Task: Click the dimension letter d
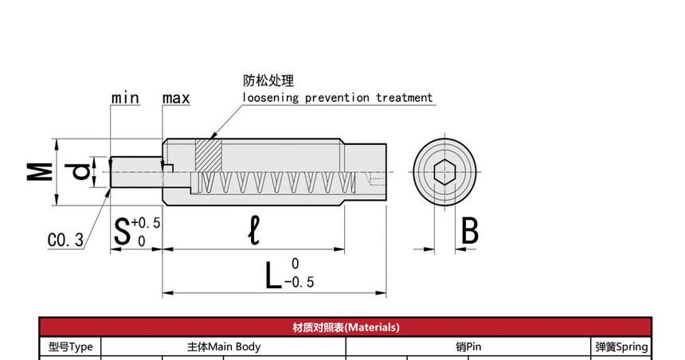(x=80, y=171)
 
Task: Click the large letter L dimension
(x=273, y=274)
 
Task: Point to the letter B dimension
(x=470, y=231)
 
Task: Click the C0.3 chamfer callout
(x=65, y=240)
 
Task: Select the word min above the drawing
(x=125, y=98)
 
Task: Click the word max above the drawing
(x=176, y=98)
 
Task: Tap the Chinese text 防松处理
(x=268, y=80)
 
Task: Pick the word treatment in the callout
(x=404, y=98)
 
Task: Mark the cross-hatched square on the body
(x=206, y=155)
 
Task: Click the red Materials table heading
(x=346, y=327)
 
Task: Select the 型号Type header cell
(x=71, y=346)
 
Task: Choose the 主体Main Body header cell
(x=224, y=346)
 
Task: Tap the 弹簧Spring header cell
(x=621, y=346)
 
